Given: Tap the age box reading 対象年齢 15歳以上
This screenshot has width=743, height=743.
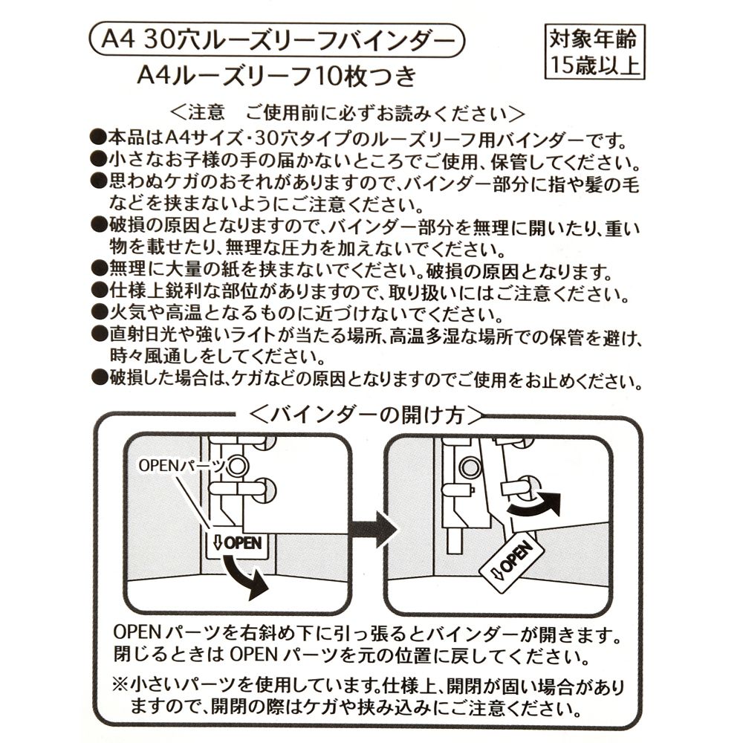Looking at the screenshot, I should [594, 51].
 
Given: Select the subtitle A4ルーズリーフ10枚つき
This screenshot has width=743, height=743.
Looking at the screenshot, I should [276, 76].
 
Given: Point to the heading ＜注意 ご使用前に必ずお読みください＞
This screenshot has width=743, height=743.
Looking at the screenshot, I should [348, 113].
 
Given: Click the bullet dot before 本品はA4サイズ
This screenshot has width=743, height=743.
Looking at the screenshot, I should [97, 139].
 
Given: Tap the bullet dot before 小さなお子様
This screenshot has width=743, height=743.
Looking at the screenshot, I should [97, 160].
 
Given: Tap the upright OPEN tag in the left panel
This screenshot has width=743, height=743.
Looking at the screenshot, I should [237, 542].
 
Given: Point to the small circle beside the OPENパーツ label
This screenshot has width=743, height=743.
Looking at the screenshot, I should [237, 466].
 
